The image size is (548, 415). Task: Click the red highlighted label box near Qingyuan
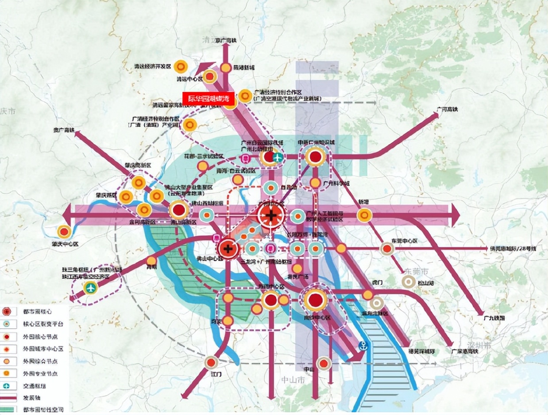click(208, 98)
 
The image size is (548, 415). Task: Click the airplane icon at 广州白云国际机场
click(278, 157)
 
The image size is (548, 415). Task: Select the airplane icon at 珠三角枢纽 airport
click(91, 288)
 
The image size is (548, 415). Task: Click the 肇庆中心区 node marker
click(65, 231)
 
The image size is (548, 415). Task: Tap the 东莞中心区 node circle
click(388, 249)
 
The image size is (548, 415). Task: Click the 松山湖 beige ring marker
click(408, 281)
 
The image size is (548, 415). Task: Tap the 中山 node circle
click(324, 363)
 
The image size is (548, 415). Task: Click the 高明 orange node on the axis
click(151, 261)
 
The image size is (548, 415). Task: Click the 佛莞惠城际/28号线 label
click(513, 249)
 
